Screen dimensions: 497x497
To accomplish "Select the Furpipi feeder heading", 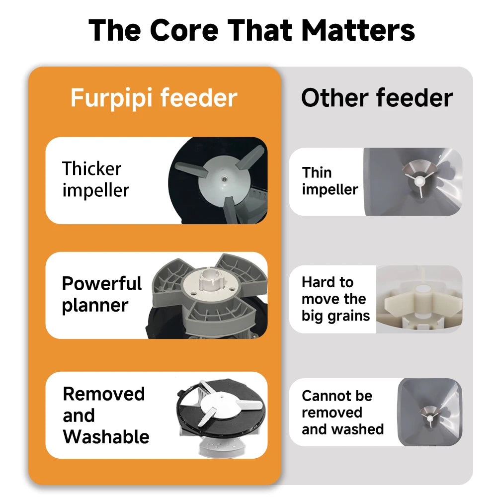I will coord(154,98).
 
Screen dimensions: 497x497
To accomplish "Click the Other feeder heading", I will coord(377,98).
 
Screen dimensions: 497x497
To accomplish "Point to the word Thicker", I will coord(91,169).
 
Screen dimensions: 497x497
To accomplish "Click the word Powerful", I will coord(102,284).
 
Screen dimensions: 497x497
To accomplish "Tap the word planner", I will coord(95,305).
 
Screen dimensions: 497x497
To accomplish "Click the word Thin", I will coord(317,172).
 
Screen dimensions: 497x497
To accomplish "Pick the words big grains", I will coord(335,316).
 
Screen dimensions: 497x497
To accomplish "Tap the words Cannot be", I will coord(336,396).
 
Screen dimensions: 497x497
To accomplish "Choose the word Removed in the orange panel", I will coord(103,394).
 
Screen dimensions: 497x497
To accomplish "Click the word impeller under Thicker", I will coord(95,190).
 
